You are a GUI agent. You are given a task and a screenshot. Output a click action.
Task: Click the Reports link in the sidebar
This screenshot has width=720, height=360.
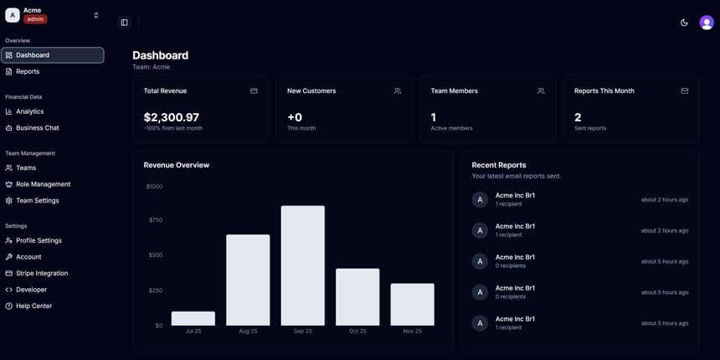pos(28,71)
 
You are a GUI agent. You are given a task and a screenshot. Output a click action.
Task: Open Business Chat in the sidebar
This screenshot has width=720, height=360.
pos(37,128)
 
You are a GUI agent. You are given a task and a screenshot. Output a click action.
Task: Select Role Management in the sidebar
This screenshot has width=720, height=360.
pos(43,184)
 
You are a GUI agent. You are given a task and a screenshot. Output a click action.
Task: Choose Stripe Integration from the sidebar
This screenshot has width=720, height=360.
pos(42,273)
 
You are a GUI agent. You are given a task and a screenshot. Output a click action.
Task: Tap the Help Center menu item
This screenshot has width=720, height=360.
pos(33,306)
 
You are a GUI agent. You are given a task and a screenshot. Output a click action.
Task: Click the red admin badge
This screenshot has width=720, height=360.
pos(35,19)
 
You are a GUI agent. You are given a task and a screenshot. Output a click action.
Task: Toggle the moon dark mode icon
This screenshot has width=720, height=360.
pos(684,23)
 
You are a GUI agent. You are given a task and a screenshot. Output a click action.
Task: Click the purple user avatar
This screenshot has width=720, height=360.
pos(706,23)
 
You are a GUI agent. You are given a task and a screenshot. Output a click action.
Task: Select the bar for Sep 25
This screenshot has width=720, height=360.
pos(302,265)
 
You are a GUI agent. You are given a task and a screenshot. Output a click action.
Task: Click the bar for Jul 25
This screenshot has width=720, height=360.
pos(193,318)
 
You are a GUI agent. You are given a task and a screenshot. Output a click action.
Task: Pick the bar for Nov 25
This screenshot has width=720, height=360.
pos(412,304)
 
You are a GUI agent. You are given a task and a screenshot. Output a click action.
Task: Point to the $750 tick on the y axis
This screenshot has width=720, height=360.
pos(154,220)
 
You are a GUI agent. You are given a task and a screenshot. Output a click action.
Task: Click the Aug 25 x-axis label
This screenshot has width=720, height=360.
pos(248,332)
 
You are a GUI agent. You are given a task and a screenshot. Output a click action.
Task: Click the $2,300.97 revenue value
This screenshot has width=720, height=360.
pos(171,118)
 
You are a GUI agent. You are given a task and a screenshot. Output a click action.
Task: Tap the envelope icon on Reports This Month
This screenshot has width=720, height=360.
pos(684,91)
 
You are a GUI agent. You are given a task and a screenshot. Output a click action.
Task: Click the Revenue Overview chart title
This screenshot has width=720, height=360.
pos(176,165)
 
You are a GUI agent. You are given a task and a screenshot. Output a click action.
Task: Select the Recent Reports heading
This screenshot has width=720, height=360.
pos(498,165)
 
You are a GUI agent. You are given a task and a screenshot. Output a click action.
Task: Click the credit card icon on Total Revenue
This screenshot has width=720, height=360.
pos(254,91)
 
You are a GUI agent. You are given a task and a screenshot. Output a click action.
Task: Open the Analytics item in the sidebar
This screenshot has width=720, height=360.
pos(29,111)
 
